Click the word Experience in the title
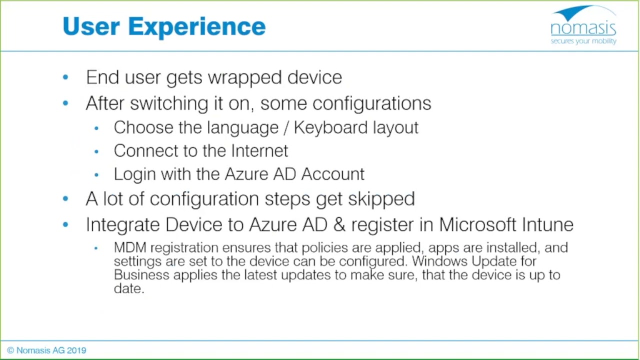tap(196, 26)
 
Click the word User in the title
tap(91, 26)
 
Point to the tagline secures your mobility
tap(583, 41)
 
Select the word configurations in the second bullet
tap(371, 103)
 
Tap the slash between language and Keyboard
tap(285, 127)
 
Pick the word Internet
tap(259, 150)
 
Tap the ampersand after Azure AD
tap(339, 224)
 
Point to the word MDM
tap(130, 247)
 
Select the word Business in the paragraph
tap(141, 275)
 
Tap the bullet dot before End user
tap(65, 77)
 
